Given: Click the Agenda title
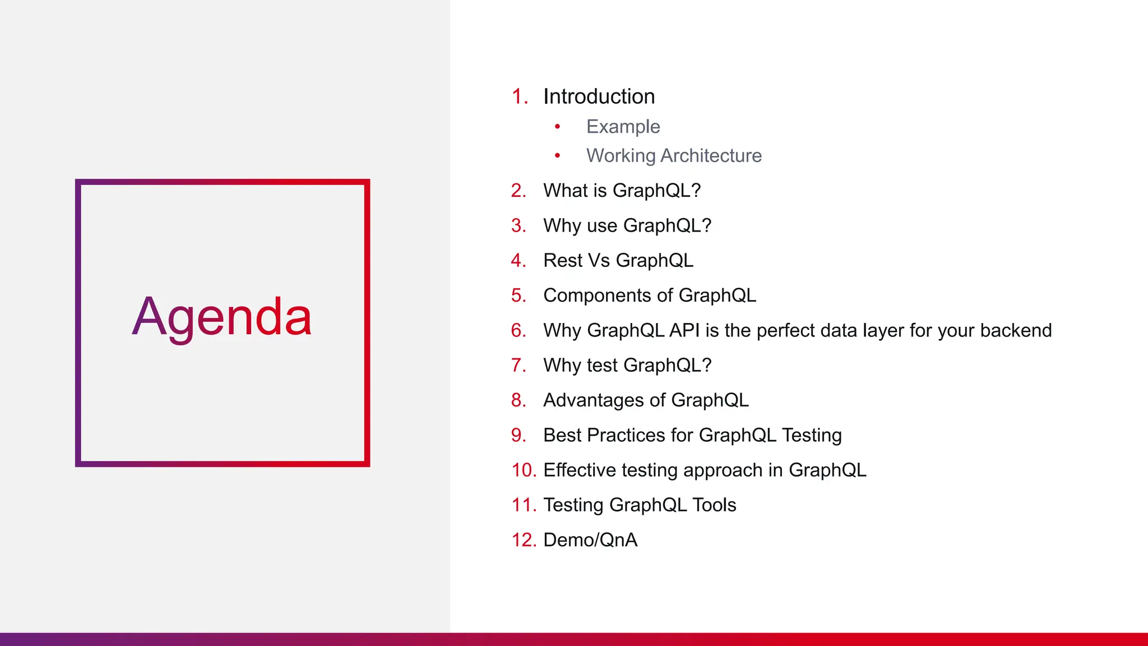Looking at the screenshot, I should (222, 317).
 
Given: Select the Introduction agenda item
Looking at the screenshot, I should (599, 96).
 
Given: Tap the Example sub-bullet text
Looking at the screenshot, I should (623, 127).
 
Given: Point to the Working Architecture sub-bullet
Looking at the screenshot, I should (674, 155).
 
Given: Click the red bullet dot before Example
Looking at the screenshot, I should (557, 127).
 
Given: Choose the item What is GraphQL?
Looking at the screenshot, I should (622, 191).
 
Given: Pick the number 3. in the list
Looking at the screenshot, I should (519, 225).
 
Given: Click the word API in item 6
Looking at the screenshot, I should (684, 330).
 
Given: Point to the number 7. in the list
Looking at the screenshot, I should (519, 365).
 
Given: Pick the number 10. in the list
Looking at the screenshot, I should (524, 470).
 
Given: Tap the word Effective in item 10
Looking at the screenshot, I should (580, 470).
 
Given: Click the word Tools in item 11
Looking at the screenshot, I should (714, 505).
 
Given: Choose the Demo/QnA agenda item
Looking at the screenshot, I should (590, 540).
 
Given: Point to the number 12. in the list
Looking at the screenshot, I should (524, 540).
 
